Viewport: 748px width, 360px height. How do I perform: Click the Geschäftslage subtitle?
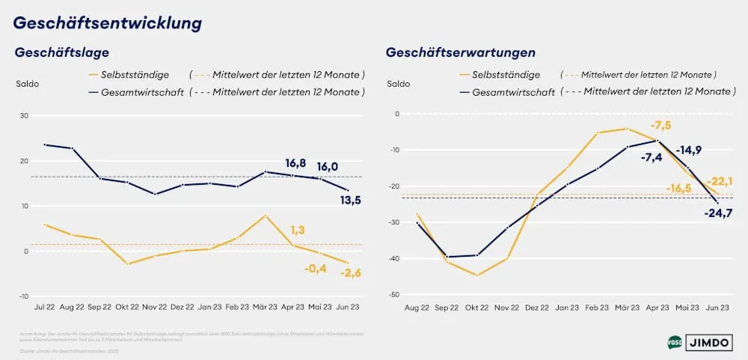pos(62,52)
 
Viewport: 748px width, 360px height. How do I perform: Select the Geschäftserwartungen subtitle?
pos(460,52)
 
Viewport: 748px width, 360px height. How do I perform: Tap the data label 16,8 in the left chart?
pos(296,162)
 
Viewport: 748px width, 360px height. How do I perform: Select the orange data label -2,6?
pos(351,273)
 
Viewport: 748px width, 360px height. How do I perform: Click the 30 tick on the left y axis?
pos(24,116)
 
